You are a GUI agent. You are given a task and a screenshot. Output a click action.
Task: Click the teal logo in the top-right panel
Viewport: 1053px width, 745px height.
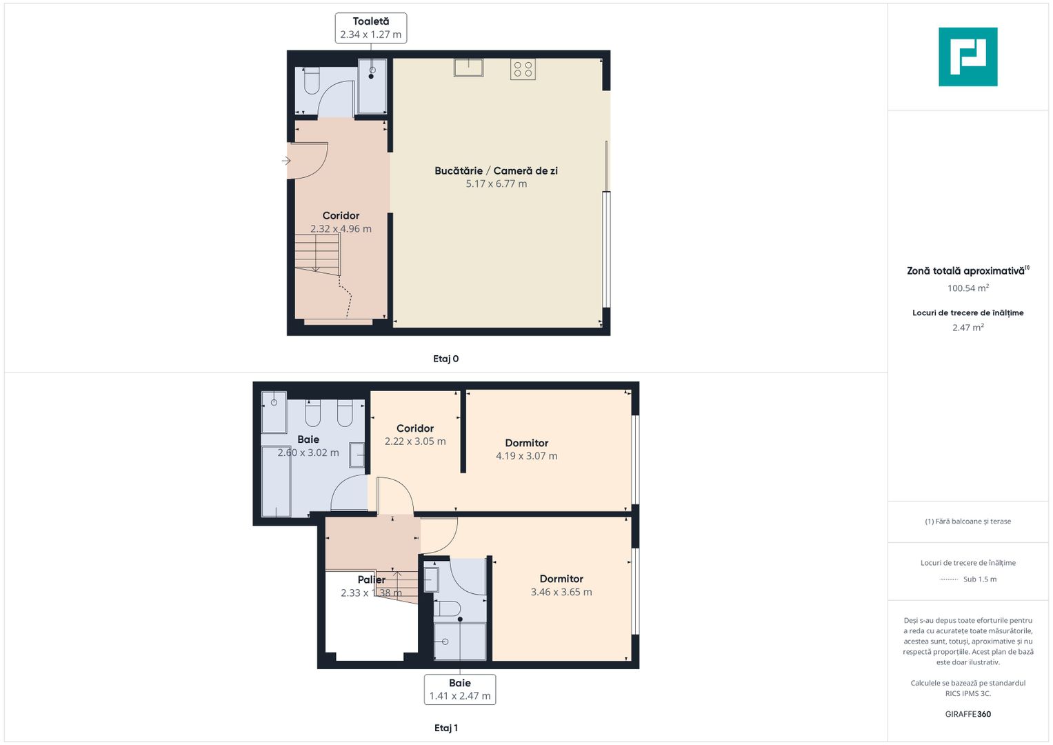967,57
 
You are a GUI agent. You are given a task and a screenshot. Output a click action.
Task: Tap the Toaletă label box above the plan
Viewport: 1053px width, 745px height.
371,28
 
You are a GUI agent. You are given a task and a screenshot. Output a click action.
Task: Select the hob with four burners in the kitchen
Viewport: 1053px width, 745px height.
523,69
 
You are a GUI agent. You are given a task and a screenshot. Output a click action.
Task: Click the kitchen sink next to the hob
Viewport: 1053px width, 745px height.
468,67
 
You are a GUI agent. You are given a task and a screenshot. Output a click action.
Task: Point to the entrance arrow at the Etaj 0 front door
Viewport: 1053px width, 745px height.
286,161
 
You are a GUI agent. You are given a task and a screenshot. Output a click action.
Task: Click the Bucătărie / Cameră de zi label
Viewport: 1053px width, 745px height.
496,170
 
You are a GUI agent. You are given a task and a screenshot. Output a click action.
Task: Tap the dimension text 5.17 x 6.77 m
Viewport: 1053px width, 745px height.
496,184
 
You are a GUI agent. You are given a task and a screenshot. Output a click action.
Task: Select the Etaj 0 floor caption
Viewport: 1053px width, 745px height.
445,359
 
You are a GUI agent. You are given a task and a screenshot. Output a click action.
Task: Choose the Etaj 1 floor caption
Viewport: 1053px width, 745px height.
445,728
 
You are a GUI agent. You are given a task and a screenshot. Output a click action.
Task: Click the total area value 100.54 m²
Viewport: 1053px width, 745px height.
967,288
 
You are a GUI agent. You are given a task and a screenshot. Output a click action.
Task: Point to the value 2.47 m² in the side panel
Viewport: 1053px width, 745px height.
967,328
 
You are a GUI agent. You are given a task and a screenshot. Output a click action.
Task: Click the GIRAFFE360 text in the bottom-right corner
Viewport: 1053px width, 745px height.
967,714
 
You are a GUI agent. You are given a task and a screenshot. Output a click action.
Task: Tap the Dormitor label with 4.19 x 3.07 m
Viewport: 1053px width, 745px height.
527,443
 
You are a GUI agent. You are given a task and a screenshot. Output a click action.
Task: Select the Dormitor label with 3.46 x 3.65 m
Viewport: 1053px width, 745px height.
561,579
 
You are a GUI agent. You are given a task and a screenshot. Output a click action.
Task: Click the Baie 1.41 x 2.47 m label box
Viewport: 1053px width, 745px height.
460,689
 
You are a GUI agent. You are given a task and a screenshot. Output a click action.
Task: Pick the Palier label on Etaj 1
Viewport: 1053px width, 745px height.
371,579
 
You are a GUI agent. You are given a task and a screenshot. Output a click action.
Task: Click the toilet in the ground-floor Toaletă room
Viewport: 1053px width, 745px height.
312,82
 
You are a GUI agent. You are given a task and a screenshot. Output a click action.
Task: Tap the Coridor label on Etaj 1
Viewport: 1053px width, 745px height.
415,428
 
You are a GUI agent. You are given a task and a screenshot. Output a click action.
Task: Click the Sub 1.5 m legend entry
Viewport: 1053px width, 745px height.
979,579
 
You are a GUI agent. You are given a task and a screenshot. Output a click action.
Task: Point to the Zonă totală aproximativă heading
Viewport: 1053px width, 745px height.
965,271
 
